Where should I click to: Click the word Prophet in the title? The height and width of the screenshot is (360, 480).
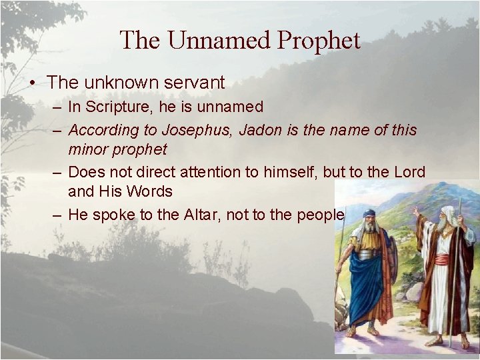tap(319, 41)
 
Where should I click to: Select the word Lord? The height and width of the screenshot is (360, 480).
tap(408, 172)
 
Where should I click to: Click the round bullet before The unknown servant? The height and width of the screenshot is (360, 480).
tap(31, 83)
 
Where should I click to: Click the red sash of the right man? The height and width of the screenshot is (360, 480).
tap(442, 259)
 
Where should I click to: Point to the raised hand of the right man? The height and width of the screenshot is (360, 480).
tap(415, 212)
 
